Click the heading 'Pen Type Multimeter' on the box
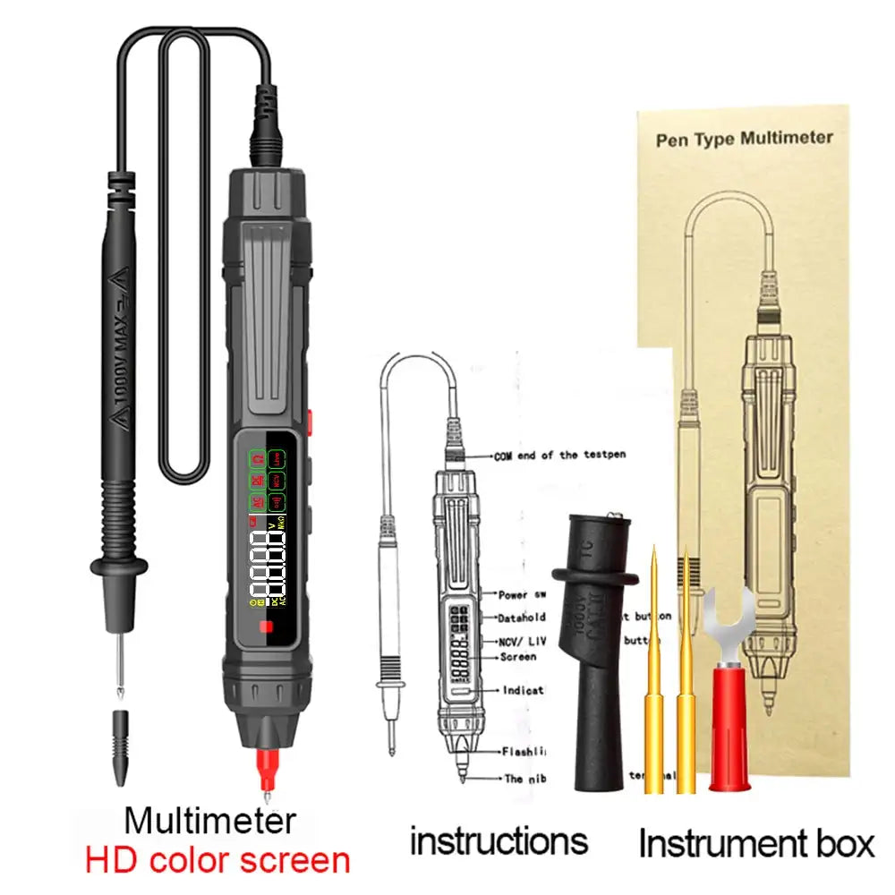click(745, 139)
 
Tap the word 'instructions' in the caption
click(499, 841)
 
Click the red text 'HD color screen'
click(217, 861)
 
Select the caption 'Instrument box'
click(756, 843)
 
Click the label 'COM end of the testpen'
click(560, 455)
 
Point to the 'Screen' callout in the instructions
click(518, 656)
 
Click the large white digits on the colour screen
click(268, 568)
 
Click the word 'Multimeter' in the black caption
click(209, 821)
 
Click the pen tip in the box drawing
click(767, 703)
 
